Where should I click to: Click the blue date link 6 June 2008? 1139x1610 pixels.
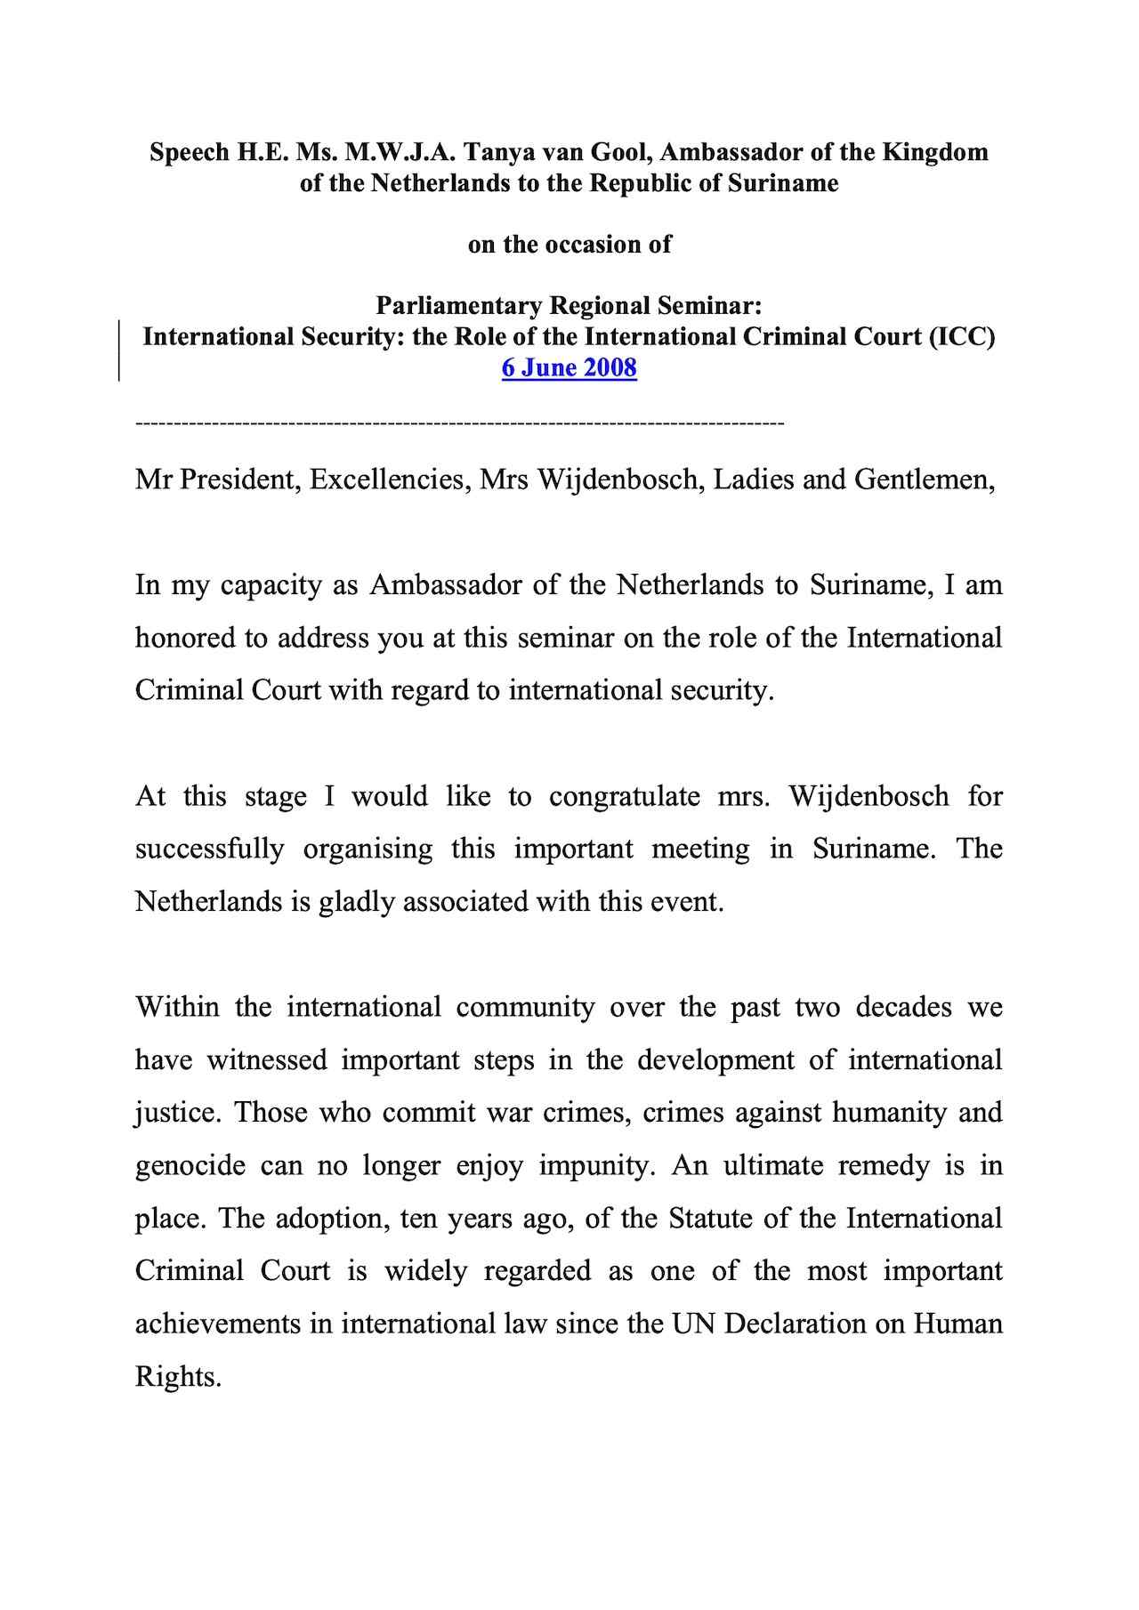tap(569, 367)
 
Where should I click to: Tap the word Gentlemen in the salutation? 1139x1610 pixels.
tap(924, 480)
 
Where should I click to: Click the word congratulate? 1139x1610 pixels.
tap(625, 796)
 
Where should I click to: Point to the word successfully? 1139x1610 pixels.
tap(209, 849)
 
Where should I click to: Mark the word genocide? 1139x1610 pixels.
tap(190, 1166)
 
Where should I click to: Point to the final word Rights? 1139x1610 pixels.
tap(178, 1377)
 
